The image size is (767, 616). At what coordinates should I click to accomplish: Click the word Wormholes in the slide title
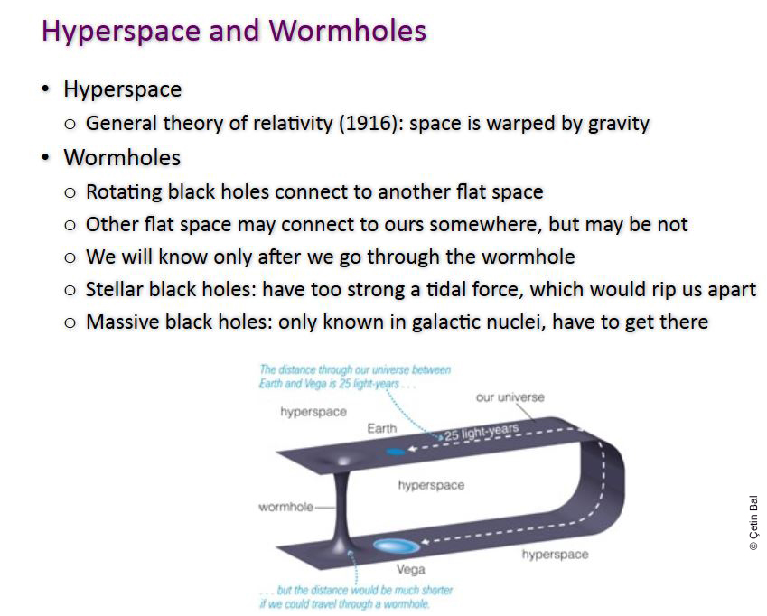tap(347, 31)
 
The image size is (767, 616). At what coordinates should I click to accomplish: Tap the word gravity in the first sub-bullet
tap(619, 124)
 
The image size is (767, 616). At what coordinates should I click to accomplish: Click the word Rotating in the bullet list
tap(124, 192)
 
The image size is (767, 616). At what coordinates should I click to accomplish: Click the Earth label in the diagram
tap(382, 428)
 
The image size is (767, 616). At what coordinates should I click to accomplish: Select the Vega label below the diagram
tap(411, 570)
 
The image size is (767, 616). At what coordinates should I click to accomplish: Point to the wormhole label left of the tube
tap(285, 507)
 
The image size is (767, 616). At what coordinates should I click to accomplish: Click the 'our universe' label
tap(510, 397)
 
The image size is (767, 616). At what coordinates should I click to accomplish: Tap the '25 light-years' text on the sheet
tap(482, 432)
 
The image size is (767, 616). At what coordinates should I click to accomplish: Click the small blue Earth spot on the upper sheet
tap(396, 452)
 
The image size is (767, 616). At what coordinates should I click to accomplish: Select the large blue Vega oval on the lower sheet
tap(397, 546)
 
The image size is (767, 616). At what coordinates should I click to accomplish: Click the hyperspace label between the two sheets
tap(431, 485)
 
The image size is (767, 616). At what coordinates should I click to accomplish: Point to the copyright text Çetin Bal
tap(753, 523)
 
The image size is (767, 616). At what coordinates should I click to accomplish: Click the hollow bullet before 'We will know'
tap(70, 257)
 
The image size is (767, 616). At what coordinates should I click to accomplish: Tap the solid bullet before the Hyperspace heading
tap(45, 89)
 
